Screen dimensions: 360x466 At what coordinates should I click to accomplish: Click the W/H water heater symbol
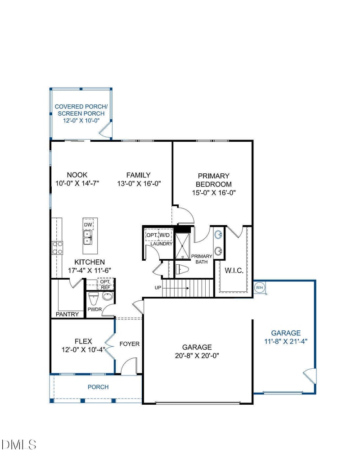pos(259,288)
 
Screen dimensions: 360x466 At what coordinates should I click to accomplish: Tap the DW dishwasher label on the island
pos(88,225)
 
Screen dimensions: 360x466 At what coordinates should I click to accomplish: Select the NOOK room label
pos(77,175)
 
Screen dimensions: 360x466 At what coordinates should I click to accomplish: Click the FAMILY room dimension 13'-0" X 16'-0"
pos(139,184)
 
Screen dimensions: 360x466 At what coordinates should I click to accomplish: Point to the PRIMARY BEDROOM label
pos(214,180)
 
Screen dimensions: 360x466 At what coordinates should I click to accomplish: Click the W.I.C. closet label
pos(234,271)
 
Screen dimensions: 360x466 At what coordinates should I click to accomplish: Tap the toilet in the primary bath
pos(182,270)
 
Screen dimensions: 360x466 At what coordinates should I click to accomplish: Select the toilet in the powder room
pos(93,299)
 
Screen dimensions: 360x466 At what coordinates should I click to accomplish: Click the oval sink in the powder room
pos(108,296)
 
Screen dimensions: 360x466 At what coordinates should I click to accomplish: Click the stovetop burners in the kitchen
pos(57,248)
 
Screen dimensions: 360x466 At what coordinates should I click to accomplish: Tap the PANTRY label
pos(67,314)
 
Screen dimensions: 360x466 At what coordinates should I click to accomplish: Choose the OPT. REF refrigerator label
pos(105,284)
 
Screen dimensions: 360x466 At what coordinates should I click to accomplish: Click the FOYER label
pos(130,344)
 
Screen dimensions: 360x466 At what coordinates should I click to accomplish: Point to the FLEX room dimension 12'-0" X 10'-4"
pos(83,350)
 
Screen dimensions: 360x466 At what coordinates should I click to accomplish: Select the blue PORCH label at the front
pos(98,387)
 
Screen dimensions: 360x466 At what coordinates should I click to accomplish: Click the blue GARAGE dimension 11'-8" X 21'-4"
pos(286,341)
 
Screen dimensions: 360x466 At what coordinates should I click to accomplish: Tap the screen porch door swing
pos(105,131)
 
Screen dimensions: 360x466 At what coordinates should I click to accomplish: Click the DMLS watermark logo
pos(18,444)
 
